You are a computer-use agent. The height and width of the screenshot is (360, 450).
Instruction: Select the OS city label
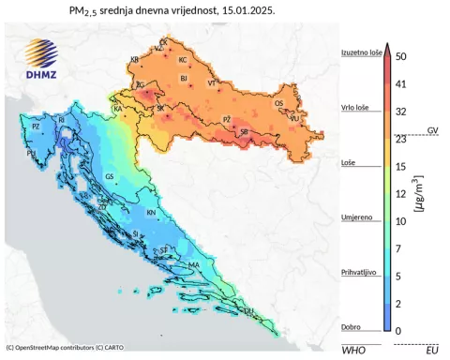(277, 104)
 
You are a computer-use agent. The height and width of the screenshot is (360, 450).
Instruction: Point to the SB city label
(245, 132)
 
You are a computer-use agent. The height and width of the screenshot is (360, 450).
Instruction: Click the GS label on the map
(110, 176)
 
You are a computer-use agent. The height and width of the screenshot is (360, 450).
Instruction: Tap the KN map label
(151, 212)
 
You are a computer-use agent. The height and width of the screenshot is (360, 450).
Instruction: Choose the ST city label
(165, 250)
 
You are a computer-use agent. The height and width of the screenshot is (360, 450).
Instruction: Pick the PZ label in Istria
(36, 126)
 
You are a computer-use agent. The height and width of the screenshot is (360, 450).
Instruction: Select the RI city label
(62, 120)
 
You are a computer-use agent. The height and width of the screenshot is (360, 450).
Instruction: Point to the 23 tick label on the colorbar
(401, 139)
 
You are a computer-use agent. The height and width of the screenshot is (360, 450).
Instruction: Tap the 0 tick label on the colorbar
(398, 331)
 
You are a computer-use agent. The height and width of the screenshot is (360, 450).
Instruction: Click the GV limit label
(432, 128)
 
